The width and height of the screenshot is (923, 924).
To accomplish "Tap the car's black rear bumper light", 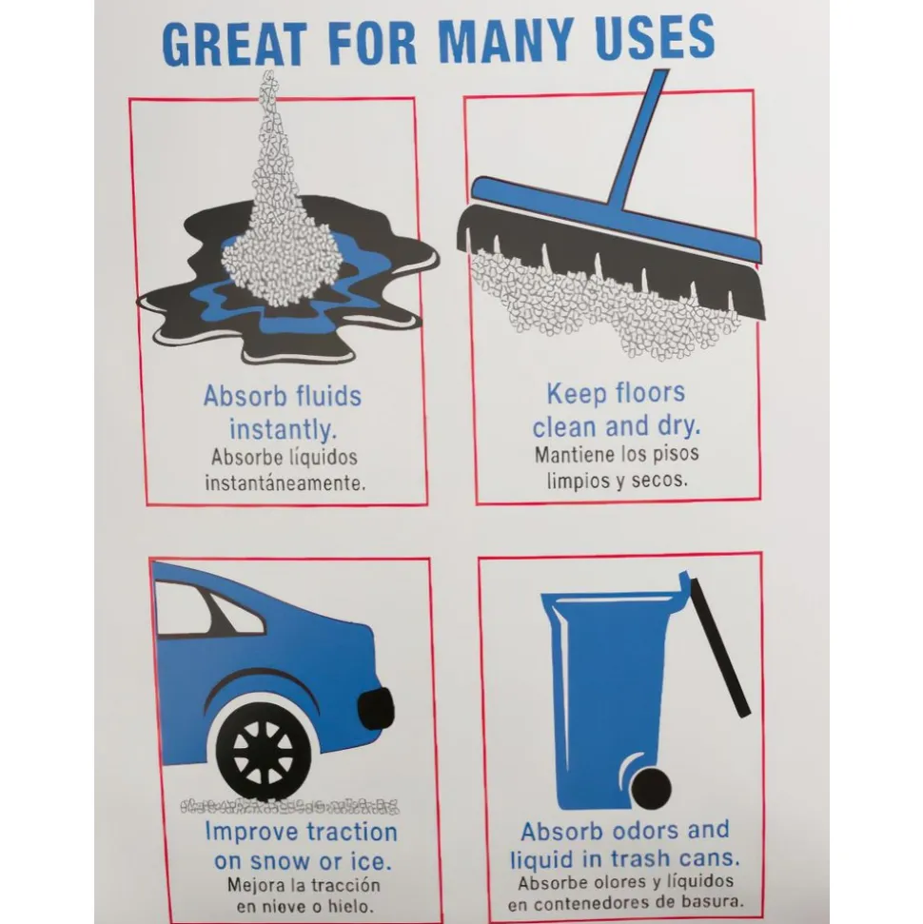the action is tap(376, 709).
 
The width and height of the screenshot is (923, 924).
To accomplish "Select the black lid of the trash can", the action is tap(720, 646).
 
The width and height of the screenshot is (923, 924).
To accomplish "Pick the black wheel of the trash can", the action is tap(651, 789).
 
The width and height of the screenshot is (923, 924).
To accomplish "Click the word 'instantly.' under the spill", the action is tap(284, 429).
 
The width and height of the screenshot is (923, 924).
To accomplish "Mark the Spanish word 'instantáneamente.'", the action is tap(285, 483).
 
